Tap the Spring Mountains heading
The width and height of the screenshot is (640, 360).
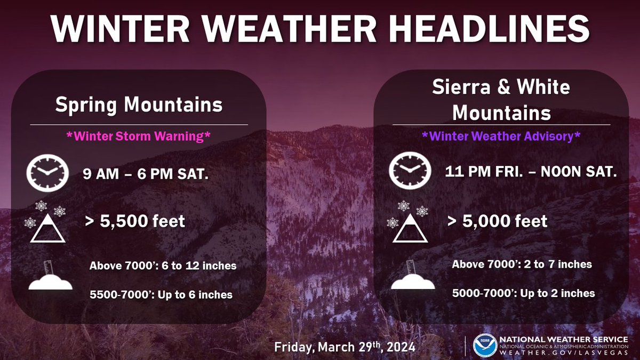click(139, 105)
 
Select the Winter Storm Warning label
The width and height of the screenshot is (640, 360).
click(139, 136)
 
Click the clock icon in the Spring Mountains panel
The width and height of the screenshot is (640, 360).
click(47, 173)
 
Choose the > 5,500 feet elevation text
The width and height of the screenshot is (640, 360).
click(135, 221)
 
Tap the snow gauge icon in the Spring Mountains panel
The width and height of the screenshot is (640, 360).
click(50, 277)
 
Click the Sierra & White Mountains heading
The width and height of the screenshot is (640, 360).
click(501, 100)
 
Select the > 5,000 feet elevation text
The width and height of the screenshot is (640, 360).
click(497, 221)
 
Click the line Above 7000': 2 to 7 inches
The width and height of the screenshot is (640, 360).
click(522, 264)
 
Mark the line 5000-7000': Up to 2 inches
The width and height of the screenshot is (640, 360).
click(523, 293)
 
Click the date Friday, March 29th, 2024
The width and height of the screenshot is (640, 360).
click(345, 347)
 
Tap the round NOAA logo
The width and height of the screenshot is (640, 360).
click(484, 345)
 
